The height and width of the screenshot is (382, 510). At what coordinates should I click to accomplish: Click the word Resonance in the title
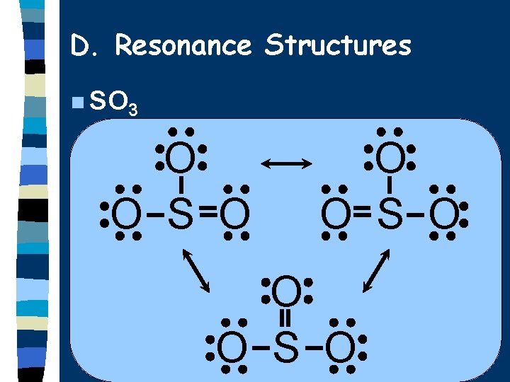coord(183,46)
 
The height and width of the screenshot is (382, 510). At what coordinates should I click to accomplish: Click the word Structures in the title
coord(337,46)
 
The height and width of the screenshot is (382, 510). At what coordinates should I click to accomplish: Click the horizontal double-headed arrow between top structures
coord(286,164)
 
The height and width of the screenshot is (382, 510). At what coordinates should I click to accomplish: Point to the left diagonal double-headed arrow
coord(198,270)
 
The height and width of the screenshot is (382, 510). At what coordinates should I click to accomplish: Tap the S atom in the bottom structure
coord(285,347)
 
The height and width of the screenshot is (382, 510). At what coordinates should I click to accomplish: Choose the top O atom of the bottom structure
coord(285,291)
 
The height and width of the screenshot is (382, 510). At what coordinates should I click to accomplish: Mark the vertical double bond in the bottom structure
coord(285,318)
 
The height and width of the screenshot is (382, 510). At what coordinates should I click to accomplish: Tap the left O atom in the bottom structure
coord(232,347)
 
